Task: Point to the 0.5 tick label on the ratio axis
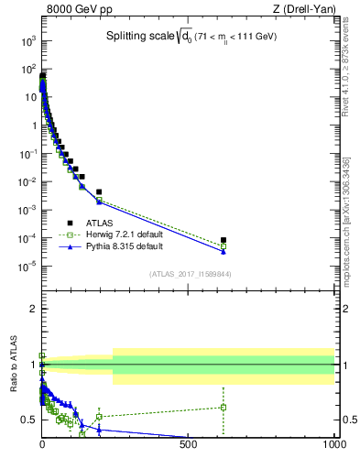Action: tap(27, 420)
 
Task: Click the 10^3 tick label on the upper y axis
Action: tap(27, 41)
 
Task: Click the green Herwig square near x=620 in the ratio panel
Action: tap(224, 407)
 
